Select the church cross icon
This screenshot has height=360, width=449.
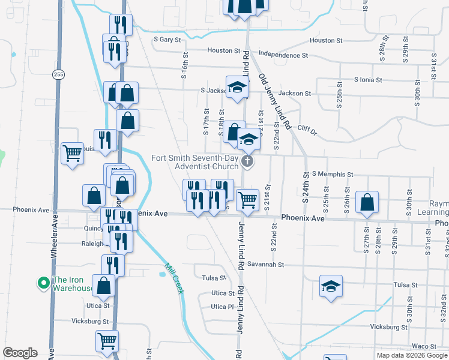246,161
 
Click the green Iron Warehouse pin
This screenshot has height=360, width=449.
43,282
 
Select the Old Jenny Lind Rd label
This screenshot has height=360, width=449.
274,102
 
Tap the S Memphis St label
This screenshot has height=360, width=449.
332,174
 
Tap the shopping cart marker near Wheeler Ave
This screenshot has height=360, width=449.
72,154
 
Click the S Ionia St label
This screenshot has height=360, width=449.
372,79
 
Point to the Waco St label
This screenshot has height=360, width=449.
424,347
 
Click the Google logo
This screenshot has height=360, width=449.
20,353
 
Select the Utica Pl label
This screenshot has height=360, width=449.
221,307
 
